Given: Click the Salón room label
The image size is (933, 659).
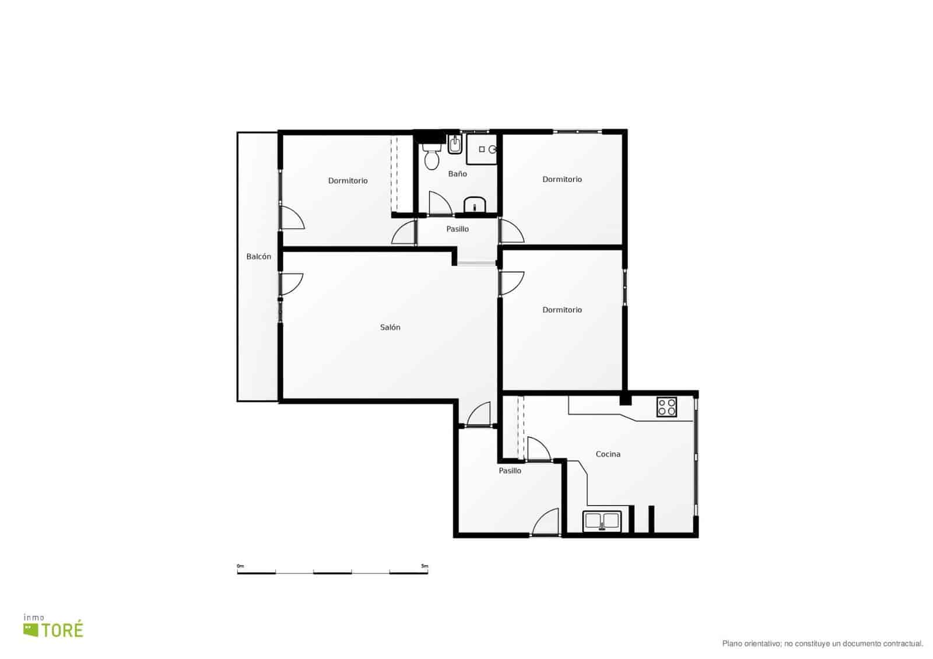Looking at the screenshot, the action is coord(390,327).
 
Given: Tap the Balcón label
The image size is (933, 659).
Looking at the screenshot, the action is coord(259,257).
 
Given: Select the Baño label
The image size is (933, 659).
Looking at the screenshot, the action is coord(457,174).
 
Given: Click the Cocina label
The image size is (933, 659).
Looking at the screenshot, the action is coord(608,454).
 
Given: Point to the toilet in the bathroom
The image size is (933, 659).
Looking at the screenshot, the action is coord(432,157).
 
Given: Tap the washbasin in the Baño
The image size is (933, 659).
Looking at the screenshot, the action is coord(475,205).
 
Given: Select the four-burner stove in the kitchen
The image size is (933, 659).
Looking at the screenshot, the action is coord(667,407).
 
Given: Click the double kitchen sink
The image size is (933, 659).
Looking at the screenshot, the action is coord(602,521).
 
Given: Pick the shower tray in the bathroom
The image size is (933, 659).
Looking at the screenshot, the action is coord(482,149).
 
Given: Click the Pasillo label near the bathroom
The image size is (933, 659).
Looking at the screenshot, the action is coord(457,229).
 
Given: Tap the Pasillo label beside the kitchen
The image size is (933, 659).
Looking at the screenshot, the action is coord(510,471).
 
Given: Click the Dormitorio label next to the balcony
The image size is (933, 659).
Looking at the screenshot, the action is coord(348,181).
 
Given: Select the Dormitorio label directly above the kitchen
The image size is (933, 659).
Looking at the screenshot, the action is coord(562,310).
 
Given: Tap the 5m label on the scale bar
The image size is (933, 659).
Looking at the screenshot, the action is coord(425,566).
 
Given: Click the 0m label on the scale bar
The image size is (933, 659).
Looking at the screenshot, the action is coord(240,566).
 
